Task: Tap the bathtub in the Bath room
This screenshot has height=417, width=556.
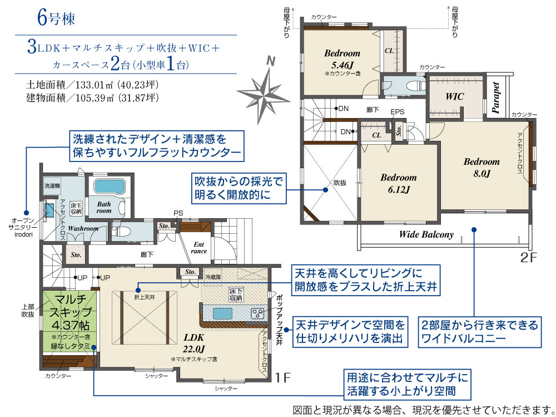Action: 110,187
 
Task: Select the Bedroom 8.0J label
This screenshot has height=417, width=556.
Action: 481,167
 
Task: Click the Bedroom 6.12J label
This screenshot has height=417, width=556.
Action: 399,183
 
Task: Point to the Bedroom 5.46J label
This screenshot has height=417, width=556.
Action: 342,59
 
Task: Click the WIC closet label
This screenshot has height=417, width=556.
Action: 455,96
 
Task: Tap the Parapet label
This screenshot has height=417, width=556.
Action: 496,97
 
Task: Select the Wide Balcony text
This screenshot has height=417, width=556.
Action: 426,234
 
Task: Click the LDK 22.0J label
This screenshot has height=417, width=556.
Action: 193,343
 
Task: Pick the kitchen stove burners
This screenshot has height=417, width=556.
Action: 257,313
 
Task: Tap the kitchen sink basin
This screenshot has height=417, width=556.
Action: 222,313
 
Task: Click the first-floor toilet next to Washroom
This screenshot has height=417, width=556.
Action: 121,231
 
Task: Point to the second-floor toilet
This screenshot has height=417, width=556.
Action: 415,86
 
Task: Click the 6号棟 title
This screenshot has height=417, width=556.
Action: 56,18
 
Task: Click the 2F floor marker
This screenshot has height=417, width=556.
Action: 529,258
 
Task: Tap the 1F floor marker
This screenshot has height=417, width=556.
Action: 283,377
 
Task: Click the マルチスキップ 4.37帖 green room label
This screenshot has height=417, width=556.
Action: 70,312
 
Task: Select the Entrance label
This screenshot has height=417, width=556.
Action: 198,248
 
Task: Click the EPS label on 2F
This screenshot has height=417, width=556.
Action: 397,111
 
